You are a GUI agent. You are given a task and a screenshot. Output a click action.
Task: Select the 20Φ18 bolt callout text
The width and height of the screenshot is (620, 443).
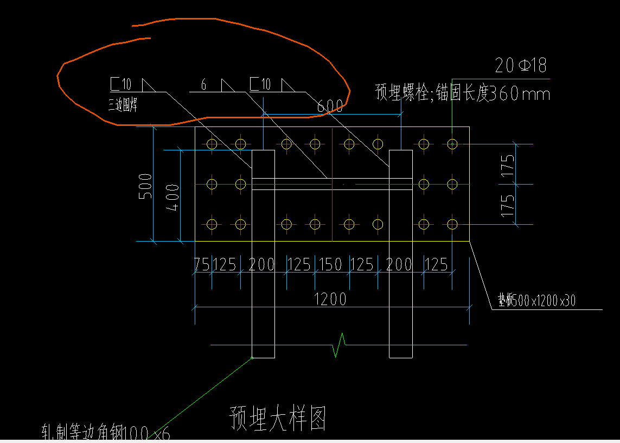pyautogui.click(x=521, y=66)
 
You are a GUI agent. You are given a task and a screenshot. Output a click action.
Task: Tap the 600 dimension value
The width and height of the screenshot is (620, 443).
pyautogui.click(x=330, y=106)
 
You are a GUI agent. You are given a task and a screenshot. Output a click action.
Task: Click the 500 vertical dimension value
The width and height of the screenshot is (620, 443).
pyautogui.click(x=145, y=186)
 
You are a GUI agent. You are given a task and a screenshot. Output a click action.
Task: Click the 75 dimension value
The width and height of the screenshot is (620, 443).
pyautogui.click(x=202, y=264)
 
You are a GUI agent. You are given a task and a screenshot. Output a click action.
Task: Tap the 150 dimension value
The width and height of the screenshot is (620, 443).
pyautogui.click(x=330, y=264)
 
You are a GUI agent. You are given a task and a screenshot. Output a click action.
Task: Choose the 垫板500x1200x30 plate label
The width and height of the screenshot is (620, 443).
pyautogui.click(x=536, y=300)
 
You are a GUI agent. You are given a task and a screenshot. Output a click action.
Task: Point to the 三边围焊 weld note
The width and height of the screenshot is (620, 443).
pyautogui.click(x=123, y=105)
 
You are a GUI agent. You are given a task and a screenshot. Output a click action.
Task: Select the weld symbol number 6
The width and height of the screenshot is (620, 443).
pyautogui.click(x=203, y=85)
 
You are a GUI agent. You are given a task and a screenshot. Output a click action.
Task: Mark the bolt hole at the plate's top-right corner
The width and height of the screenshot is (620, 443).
pyautogui.click(x=452, y=144)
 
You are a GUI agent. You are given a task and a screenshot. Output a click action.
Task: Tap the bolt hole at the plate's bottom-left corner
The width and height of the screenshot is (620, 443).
pyautogui.click(x=212, y=224)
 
